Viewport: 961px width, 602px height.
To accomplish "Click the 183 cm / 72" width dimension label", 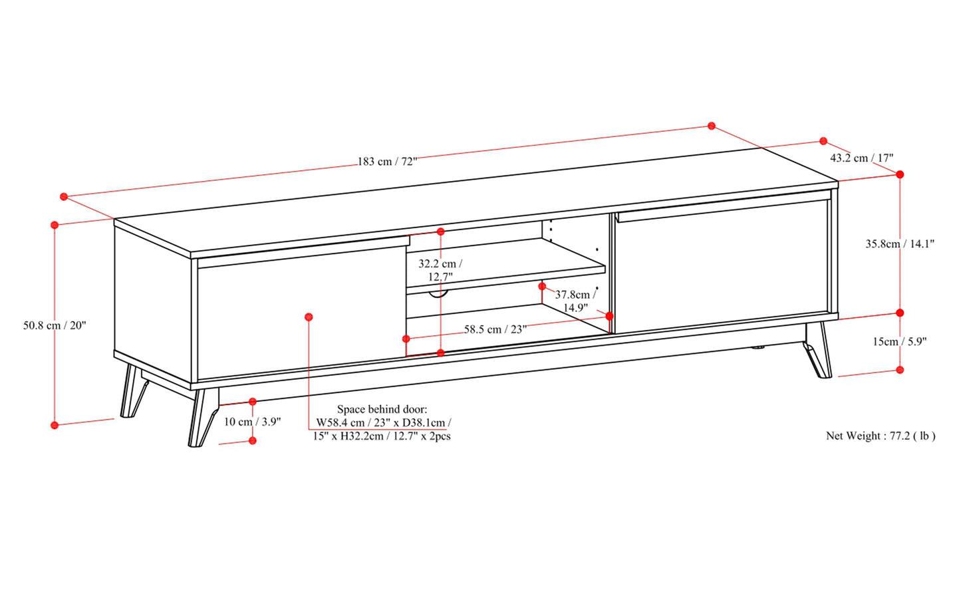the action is pos(388,162).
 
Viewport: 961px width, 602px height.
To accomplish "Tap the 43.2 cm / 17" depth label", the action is pos(861,158).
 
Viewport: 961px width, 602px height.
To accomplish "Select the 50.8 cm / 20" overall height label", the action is pos(55,325).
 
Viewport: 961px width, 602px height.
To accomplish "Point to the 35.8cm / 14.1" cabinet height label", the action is pos(900,243).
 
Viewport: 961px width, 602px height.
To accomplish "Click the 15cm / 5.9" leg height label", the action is pos(900,341).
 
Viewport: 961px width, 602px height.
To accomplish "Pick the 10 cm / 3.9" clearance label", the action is pos(252,422).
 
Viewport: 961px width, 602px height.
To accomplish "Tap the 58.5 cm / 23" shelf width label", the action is pos(495,329).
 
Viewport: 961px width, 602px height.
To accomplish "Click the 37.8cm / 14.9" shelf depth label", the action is pos(575,301).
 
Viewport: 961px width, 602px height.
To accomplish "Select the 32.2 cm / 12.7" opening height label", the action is pos(441,270).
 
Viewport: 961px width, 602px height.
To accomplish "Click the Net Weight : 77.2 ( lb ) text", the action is pos(881,436).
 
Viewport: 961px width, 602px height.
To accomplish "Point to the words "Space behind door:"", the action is pos(382,409).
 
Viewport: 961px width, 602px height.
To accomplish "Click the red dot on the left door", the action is pos(309,317).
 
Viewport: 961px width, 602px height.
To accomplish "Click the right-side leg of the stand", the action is pos(819,350).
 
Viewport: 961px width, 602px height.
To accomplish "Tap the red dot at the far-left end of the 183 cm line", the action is pos(64,196).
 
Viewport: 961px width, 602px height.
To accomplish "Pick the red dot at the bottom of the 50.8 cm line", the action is pos(55,425).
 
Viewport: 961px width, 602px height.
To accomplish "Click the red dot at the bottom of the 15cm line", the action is pos(900,370).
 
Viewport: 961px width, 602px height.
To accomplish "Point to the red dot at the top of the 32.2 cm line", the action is pos(441,231).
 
